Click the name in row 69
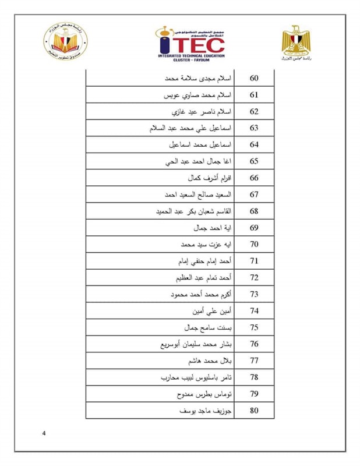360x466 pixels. click(214, 228)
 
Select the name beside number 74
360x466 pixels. click(211, 311)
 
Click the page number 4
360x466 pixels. click(44, 433)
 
